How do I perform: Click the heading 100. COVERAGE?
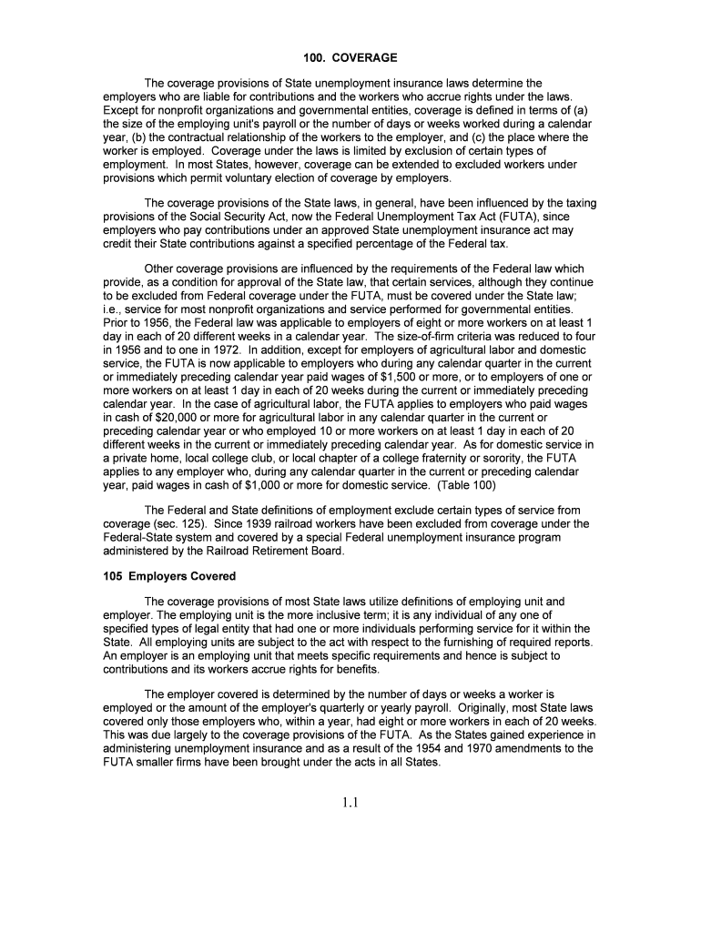tap(350, 58)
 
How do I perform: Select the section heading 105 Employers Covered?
tap(168, 576)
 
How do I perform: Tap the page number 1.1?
tap(350, 803)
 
